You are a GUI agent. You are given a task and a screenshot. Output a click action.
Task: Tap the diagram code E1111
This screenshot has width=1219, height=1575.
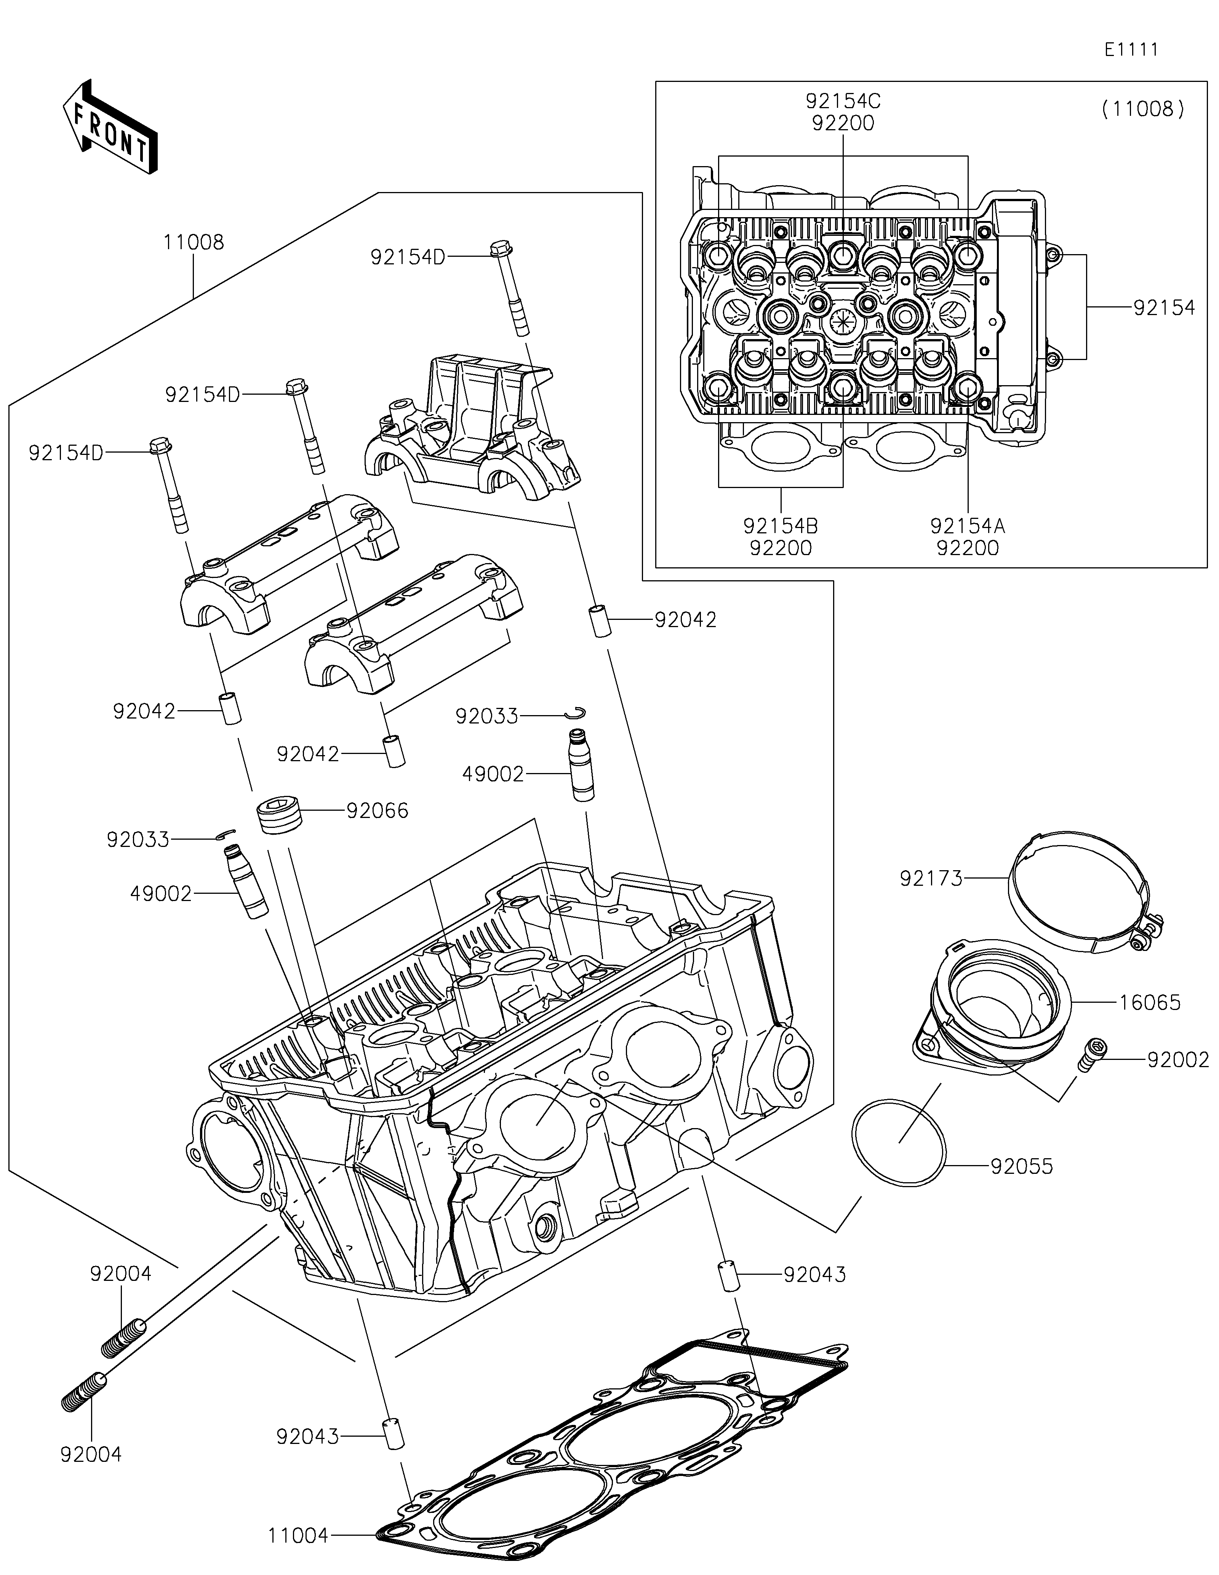[x=1131, y=50]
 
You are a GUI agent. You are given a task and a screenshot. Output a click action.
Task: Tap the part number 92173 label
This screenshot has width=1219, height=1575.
[x=931, y=879]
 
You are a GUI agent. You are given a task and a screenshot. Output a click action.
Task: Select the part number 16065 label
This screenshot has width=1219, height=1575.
[x=1150, y=1002]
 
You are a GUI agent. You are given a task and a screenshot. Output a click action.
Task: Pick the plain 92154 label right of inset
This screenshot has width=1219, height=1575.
[x=1163, y=308]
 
